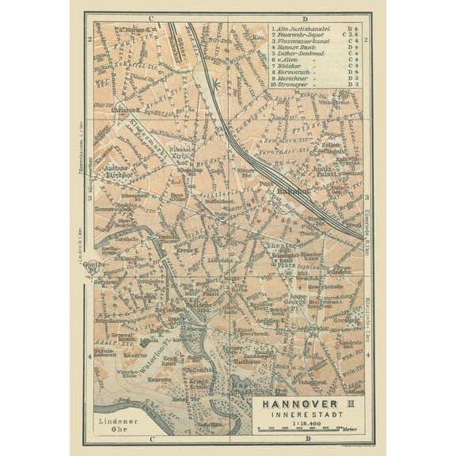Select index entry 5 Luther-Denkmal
(298, 55)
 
